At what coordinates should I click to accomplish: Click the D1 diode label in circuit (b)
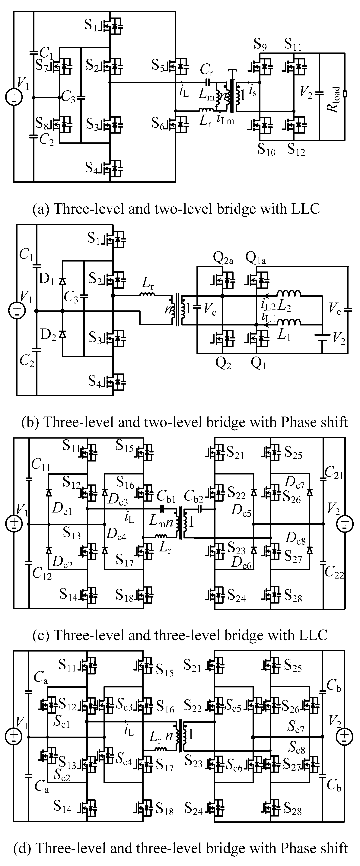pos(46,279)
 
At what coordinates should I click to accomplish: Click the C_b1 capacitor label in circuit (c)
pos(166,496)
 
